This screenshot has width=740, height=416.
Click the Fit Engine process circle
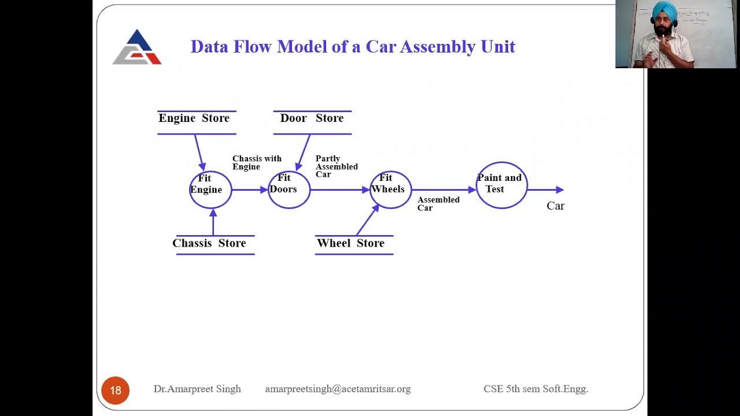(x=210, y=190)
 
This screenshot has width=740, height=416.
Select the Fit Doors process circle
(x=289, y=190)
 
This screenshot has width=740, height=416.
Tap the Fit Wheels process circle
(x=391, y=190)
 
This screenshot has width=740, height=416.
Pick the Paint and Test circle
(x=501, y=185)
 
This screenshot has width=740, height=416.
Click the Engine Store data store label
(x=194, y=118)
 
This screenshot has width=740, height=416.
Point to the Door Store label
(x=312, y=118)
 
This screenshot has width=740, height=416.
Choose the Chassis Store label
(x=209, y=243)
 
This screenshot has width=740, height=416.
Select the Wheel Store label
(x=350, y=243)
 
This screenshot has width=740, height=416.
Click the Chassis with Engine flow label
(x=256, y=162)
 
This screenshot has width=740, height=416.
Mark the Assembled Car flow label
(x=438, y=203)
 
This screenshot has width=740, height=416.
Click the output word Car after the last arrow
(x=555, y=206)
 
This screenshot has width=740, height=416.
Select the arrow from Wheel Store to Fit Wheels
(x=367, y=220)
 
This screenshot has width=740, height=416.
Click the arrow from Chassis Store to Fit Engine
(x=213, y=222)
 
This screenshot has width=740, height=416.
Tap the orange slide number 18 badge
(x=116, y=390)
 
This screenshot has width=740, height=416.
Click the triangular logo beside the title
(x=137, y=47)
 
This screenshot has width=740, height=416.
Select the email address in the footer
(x=338, y=389)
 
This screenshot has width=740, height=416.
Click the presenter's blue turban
(x=664, y=10)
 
